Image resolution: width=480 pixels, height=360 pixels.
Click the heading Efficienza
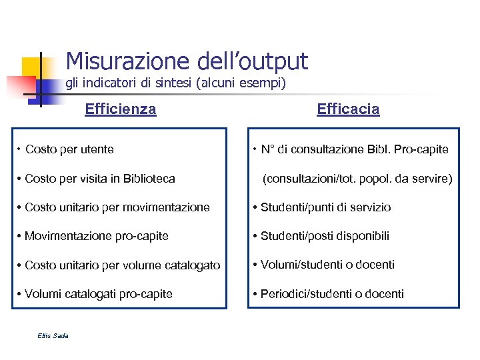coord(121,109)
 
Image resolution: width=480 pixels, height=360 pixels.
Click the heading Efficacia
coord(348,109)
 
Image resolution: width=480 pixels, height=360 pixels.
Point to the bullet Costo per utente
coord(69,149)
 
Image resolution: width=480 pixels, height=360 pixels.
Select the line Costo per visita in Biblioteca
coord(99,179)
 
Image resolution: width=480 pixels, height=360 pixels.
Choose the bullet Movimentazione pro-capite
coord(96,236)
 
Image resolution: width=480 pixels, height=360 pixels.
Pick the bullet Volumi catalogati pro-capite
coord(98,294)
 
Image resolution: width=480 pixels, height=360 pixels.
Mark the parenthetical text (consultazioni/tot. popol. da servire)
coord(357,179)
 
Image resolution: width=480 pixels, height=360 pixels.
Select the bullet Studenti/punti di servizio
coord(325,207)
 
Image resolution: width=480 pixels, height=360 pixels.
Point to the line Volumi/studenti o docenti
coord(327,265)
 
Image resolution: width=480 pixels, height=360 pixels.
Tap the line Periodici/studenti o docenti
coord(332,294)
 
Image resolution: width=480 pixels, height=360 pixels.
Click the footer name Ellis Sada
coord(53,335)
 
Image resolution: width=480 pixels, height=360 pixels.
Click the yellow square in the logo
coord(31,66)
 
